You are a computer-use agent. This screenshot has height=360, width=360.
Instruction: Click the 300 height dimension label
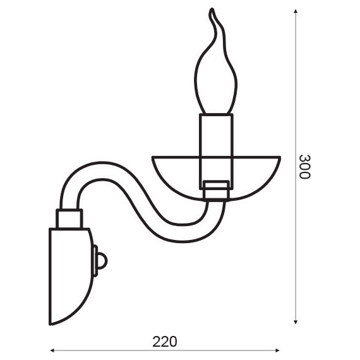[x=305, y=167]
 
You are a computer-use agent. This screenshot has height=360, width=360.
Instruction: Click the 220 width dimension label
[x=165, y=342]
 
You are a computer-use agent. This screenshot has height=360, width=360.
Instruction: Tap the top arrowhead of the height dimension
[x=296, y=11]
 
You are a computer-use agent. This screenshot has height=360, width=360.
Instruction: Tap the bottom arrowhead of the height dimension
[x=296, y=322]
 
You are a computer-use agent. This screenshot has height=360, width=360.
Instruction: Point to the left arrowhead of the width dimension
[x=52, y=351]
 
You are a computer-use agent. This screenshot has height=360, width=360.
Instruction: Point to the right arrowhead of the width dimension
[x=277, y=351]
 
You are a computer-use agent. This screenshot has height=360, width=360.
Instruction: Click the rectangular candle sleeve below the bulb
[x=216, y=152]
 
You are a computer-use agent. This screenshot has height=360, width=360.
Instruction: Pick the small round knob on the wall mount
[x=102, y=261]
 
